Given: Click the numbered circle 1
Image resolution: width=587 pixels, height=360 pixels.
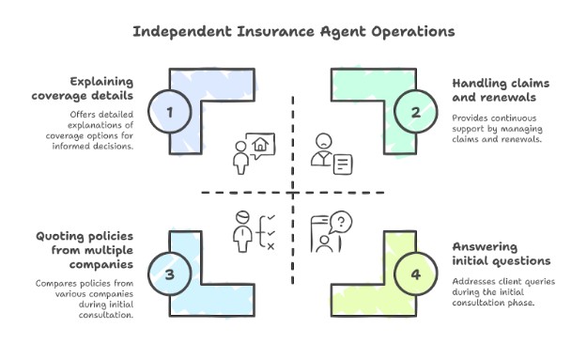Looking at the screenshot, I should pyautogui.click(x=169, y=113).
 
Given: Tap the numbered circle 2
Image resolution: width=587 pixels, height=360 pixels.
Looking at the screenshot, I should pyautogui.click(x=415, y=113).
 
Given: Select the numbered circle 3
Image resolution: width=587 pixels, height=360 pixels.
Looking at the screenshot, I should pyautogui.click(x=169, y=274).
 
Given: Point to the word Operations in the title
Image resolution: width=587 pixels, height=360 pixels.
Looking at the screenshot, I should pyautogui.click(x=408, y=31).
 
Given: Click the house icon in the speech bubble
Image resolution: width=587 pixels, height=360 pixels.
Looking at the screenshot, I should pyautogui.click(x=261, y=144).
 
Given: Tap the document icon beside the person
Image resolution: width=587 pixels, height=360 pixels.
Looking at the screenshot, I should pyautogui.click(x=343, y=164).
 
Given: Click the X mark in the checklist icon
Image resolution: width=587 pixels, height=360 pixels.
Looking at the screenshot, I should pyautogui.click(x=270, y=246).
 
